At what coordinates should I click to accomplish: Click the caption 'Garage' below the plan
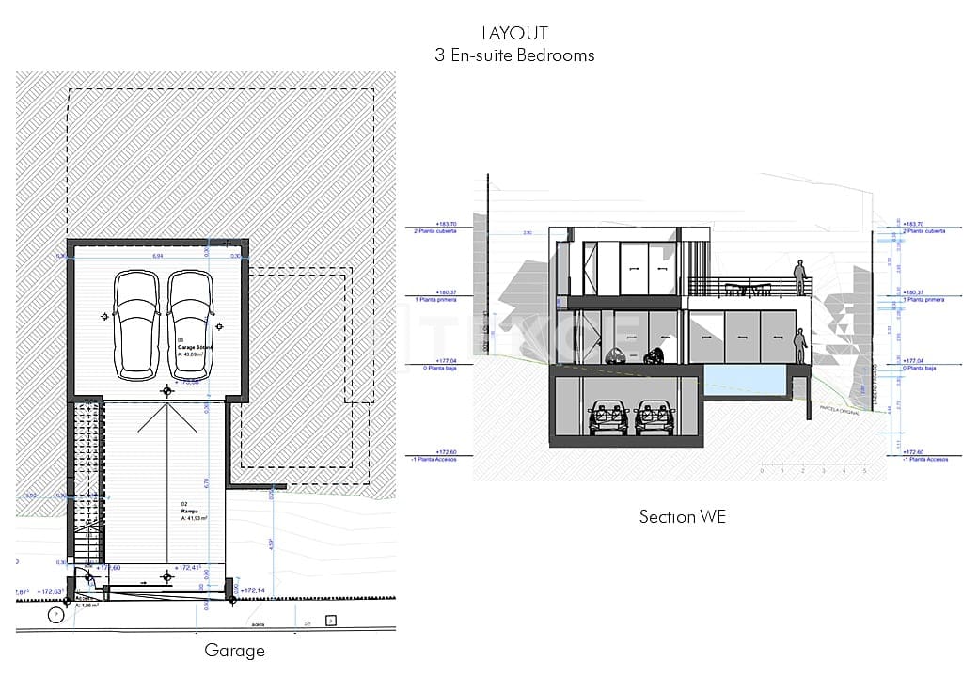tap(234, 650)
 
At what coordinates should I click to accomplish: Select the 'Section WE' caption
tap(682, 516)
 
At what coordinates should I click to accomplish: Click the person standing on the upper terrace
tap(800, 277)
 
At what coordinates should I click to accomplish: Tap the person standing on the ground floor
tap(800, 346)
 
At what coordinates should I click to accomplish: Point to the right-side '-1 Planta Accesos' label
tap(924, 459)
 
